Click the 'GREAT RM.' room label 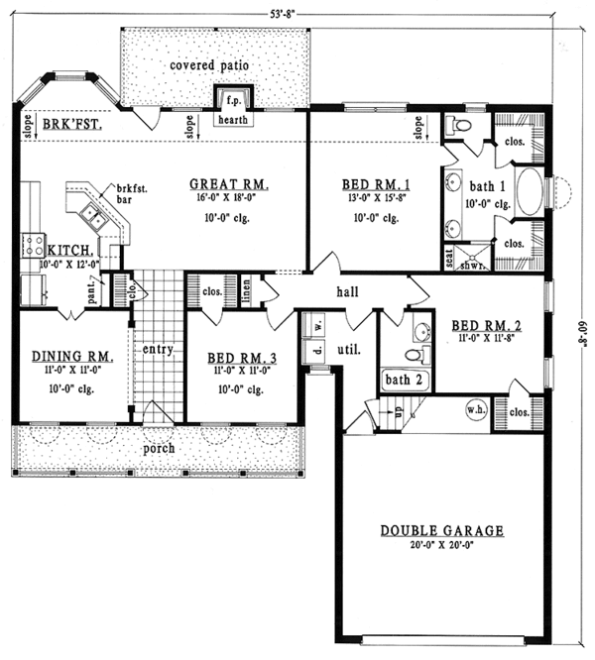(229, 184)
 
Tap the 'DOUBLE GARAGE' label (441, 531)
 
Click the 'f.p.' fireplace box (234, 100)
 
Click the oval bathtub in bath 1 (531, 192)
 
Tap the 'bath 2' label (404, 379)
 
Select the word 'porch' (158, 448)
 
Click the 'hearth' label (235, 121)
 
